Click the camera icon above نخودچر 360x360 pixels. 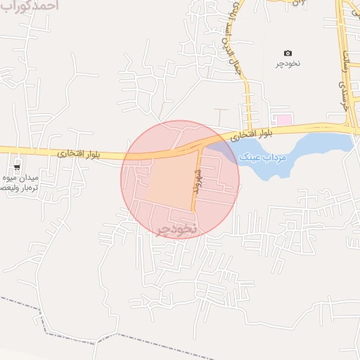click(288, 53)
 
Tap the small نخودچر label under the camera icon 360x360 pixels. click(288, 64)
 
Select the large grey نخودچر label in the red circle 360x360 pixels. click(175, 230)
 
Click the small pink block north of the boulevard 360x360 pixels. click(283, 120)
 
